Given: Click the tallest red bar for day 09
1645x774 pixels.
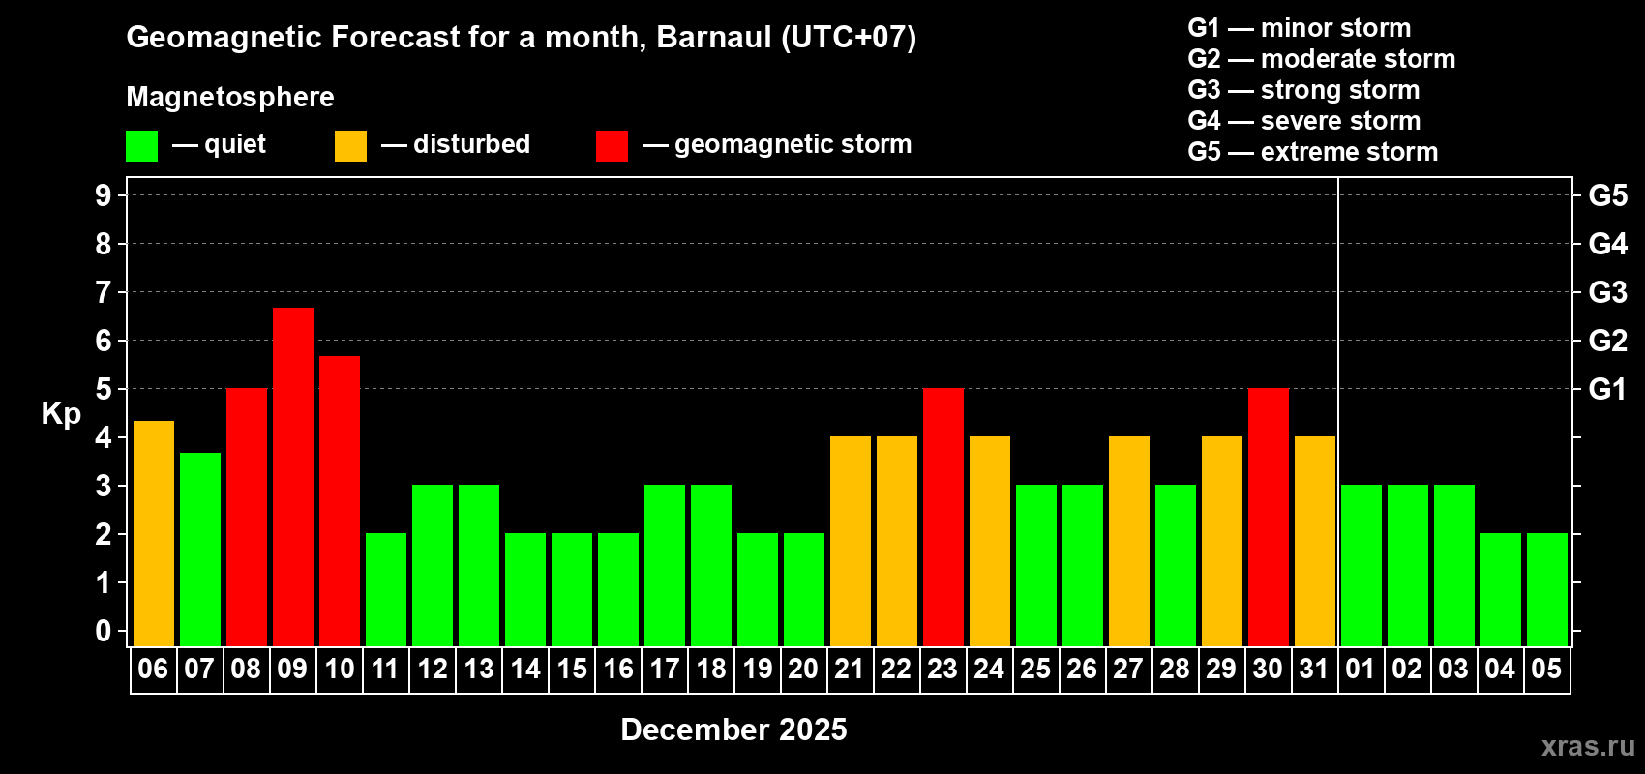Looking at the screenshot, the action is (293, 477).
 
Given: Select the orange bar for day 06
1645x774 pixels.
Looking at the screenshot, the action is (154, 533).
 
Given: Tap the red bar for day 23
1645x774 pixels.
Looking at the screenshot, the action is (942, 517).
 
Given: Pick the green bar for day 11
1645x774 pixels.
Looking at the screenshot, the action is (385, 589).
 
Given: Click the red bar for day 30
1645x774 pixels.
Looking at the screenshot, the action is (1269, 517).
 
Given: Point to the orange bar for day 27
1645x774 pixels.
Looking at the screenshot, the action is (1128, 541).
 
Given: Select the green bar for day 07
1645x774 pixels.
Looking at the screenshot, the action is (199, 550).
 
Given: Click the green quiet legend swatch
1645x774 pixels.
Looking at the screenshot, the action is (141, 145).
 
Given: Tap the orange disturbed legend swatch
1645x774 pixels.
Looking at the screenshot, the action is (350, 145).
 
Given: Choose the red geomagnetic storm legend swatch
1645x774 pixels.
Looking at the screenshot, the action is (612, 145).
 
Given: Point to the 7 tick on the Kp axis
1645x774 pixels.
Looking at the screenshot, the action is (103, 292).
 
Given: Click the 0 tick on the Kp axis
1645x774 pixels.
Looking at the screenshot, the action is (103, 631).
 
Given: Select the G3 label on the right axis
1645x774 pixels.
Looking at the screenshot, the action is (1607, 292).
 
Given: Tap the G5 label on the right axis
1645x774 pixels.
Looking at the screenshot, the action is (1607, 195).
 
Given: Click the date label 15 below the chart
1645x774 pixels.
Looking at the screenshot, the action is (571, 669).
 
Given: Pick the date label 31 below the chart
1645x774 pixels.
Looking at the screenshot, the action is (1314, 669).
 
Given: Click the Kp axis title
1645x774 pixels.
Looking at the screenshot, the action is (61, 414).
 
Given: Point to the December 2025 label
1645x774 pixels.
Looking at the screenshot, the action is (733, 729).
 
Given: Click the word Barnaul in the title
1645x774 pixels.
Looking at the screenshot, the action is (714, 37).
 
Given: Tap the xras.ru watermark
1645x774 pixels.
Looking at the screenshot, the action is (1588, 745).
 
